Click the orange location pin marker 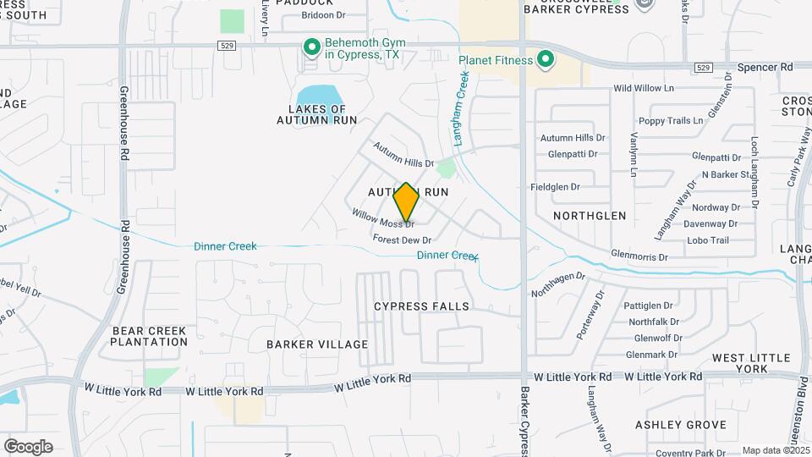(x=406, y=202)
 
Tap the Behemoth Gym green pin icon (x=311, y=47)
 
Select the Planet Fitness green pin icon (x=546, y=60)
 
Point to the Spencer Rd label (x=765, y=66)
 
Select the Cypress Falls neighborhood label (x=421, y=306)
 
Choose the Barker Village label (x=317, y=344)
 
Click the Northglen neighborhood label (x=590, y=216)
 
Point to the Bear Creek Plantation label (x=149, y=335)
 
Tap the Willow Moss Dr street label (x=384, y=217)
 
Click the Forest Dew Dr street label (x=402, y=240)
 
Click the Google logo (x=28, y=446)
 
